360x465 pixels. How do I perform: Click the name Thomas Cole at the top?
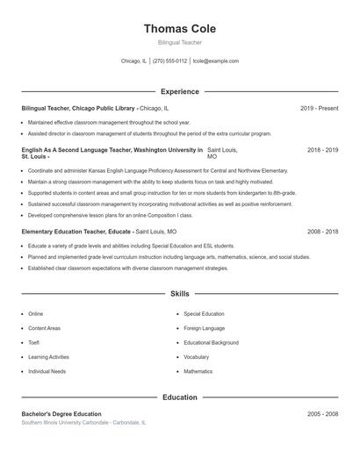[x=179, y=28]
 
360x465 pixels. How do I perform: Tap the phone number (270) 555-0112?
[x=169, y=61]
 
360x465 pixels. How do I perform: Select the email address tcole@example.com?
[x=216, y=61]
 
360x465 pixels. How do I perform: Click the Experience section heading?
[x=179, y=91]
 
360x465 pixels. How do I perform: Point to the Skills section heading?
[x=179, y=294]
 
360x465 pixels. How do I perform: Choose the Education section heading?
[x=179, y=397]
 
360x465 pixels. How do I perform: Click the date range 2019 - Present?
[x=319, y=108]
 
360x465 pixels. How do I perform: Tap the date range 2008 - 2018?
[x=322, y=232]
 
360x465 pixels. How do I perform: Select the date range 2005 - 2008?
[x=322, y=414]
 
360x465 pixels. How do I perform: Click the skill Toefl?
[x=35, y=342]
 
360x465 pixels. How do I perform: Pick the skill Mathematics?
[x=198, y=371]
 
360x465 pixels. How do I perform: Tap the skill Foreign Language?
[x=204, y=328]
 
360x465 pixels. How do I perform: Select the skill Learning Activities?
[x=48, y=357]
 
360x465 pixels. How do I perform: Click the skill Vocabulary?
[x=196, y=357]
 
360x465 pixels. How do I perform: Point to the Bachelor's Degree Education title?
[x=61, y=414]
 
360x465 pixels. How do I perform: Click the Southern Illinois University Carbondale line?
[x=83, y=422]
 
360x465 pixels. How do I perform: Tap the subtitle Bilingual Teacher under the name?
[x=179, y=42]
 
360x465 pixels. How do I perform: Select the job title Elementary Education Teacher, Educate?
[x=76, y=232]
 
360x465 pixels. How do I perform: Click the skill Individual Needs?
[x=47, y=371]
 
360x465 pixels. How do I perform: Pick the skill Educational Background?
[x=211, y=342]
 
